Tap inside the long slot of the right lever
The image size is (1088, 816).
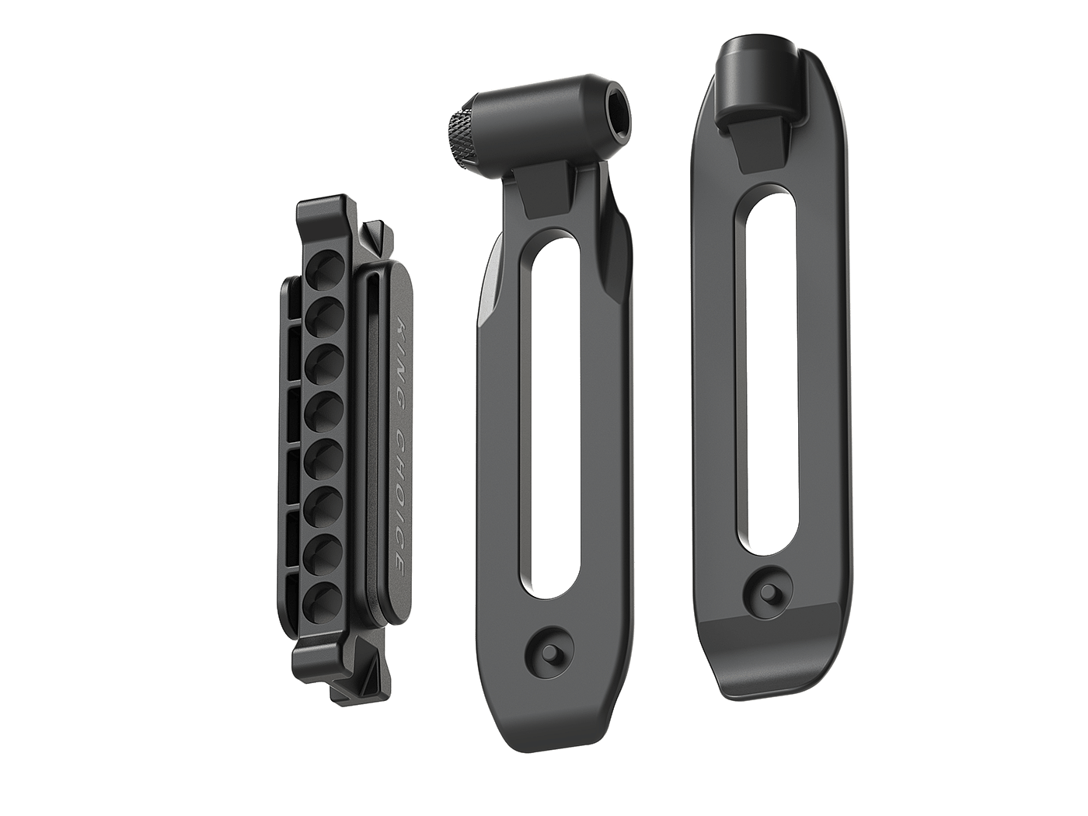pyautogui.click(x=765, y=377)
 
